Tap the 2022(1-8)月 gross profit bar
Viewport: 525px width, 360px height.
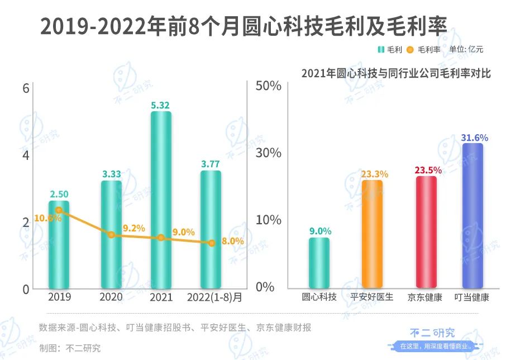click(211, 229)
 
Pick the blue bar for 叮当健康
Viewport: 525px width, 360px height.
click(472, 215)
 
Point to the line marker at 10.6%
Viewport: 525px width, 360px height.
click(59, 210)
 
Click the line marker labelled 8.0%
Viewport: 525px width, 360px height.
click(211, 243)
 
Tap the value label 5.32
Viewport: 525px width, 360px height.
click(161, 105)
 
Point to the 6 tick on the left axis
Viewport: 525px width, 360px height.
click(25, 88)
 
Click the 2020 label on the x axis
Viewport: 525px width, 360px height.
click(111, 296)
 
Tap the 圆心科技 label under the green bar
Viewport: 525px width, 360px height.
click(319, 297)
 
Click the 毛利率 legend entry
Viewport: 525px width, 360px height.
click(423, 49)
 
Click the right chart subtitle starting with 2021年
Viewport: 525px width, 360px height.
click(396, 73)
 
